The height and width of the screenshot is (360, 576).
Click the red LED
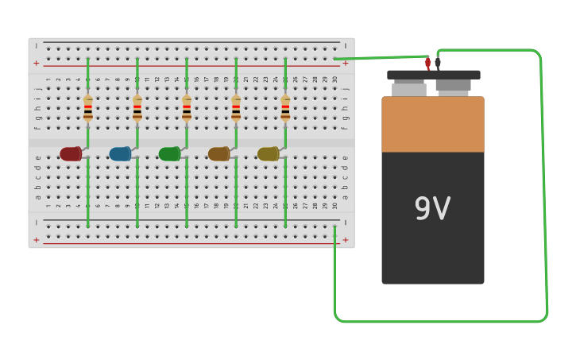(x=71, y=154)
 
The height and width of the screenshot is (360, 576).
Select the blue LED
(x=120, y=154)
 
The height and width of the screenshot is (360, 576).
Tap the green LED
(x=169, y=154)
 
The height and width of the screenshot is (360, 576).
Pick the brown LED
(x=218, y=154)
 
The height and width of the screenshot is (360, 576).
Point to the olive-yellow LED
(x=268, y=154)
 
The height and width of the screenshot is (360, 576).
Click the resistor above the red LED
(x=88, y=108)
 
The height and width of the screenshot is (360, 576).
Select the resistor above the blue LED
(x=137, y=108)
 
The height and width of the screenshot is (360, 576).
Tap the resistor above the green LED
(x=187, y=108)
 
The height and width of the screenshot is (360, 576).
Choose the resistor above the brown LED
(x=236, y=108)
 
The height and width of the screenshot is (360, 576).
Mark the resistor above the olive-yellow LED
(x=285, y=108)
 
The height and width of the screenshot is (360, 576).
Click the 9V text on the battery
(x=432, y=209)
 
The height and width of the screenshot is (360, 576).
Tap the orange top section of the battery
(x=433, y=124)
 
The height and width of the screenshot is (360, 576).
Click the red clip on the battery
(x=427, y=64)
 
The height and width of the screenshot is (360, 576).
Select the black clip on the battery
(x=438, y=62)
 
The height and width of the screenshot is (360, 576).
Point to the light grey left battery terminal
(x=409, y=88)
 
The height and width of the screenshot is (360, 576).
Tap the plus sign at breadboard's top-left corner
(x=36, y=63)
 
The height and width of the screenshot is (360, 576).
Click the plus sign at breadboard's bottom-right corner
(x=345, y=239)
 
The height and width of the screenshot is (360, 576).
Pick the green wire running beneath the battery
(x=437, y=321)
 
